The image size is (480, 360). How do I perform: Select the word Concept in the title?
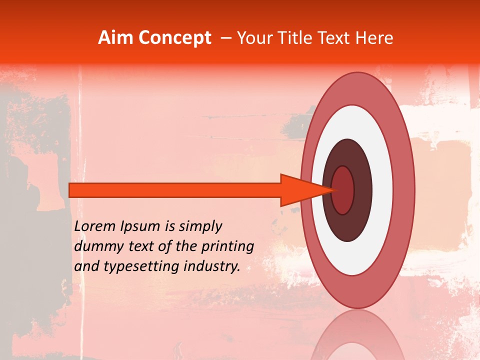pyautogui.click(x=175, y=38)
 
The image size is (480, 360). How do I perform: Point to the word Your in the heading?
pyautogui.click(x=254, y=38)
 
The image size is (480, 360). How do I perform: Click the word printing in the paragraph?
pyautogui.click(x=227, y=247)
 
